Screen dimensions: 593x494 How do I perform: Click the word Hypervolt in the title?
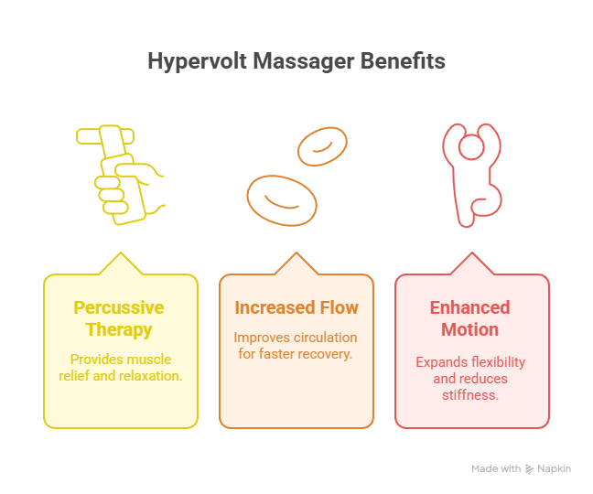coord(197,61)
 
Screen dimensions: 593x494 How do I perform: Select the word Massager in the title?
coord(303,61)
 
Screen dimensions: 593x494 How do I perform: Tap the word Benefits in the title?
coord(403,60)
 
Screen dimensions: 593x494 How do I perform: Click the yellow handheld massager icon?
coord(120,175)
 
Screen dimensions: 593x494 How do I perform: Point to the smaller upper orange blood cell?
coord(322,146)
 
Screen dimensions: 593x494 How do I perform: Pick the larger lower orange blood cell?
coord(282,200)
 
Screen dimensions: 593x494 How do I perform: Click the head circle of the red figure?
coord(471,146)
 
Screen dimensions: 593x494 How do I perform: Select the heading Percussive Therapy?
coord(119,318)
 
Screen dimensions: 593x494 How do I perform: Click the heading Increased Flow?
coord(296,307)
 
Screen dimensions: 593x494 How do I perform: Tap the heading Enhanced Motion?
coord(470,318)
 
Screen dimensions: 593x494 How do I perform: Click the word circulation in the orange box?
coord(326,338)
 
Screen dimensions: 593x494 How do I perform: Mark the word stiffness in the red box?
coord(470,395)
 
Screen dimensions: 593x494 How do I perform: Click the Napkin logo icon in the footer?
coord(530,469)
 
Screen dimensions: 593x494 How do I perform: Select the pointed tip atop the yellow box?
coord(121,252)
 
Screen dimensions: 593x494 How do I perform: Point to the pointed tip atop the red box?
coord(472,252)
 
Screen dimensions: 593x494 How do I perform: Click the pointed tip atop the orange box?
coord(296,252)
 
